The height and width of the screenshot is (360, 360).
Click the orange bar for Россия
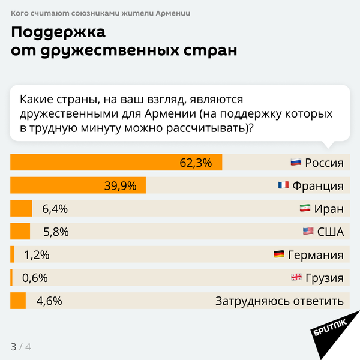[116, 163]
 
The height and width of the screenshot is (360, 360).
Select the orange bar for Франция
[78, 185]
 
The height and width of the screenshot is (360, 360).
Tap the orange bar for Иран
[21, 209]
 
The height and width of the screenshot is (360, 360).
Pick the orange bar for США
[20, 232]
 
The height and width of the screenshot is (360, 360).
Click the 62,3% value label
[196, 163]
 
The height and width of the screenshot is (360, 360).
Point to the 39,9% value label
[121, 185]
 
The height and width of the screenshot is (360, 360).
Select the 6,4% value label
[55, 209]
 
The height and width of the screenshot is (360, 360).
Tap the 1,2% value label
[37, 255]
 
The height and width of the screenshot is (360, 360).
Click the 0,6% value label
[35, 278]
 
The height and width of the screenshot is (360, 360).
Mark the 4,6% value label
[49, 301]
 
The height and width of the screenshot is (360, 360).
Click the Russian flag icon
[295, 163]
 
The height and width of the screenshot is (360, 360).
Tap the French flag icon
[283, 185]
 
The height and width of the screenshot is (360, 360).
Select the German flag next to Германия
[278, 255]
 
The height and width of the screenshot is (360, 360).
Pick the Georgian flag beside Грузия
[296, 278]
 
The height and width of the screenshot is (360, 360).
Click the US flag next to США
[308, 232]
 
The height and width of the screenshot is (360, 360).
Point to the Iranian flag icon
[305, 209]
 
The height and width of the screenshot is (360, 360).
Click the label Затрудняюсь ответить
[279, 301]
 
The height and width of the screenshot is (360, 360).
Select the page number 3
[13, 347]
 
